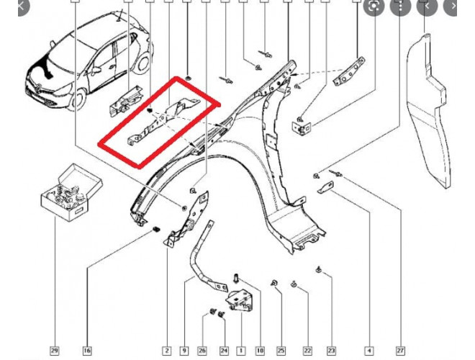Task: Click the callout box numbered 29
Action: click(x=54, y=351)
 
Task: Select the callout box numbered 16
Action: click(x=86, y=351)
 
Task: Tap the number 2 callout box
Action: click(x=167, y=351)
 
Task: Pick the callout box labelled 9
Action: click(x=184, y=351)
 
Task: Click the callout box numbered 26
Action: click(x=202, y=351)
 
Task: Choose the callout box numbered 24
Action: click(x=223, y=351)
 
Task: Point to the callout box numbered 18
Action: click(x=260, y=351)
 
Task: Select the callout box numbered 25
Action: click(x=281, y=351)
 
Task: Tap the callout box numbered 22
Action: click(x=307, y=351)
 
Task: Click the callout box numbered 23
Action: click(x=332, y=351)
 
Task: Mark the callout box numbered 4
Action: click(x=369, y=351)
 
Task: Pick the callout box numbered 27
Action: click(x=400, y=351)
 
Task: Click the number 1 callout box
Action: click(x=241, y=351)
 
